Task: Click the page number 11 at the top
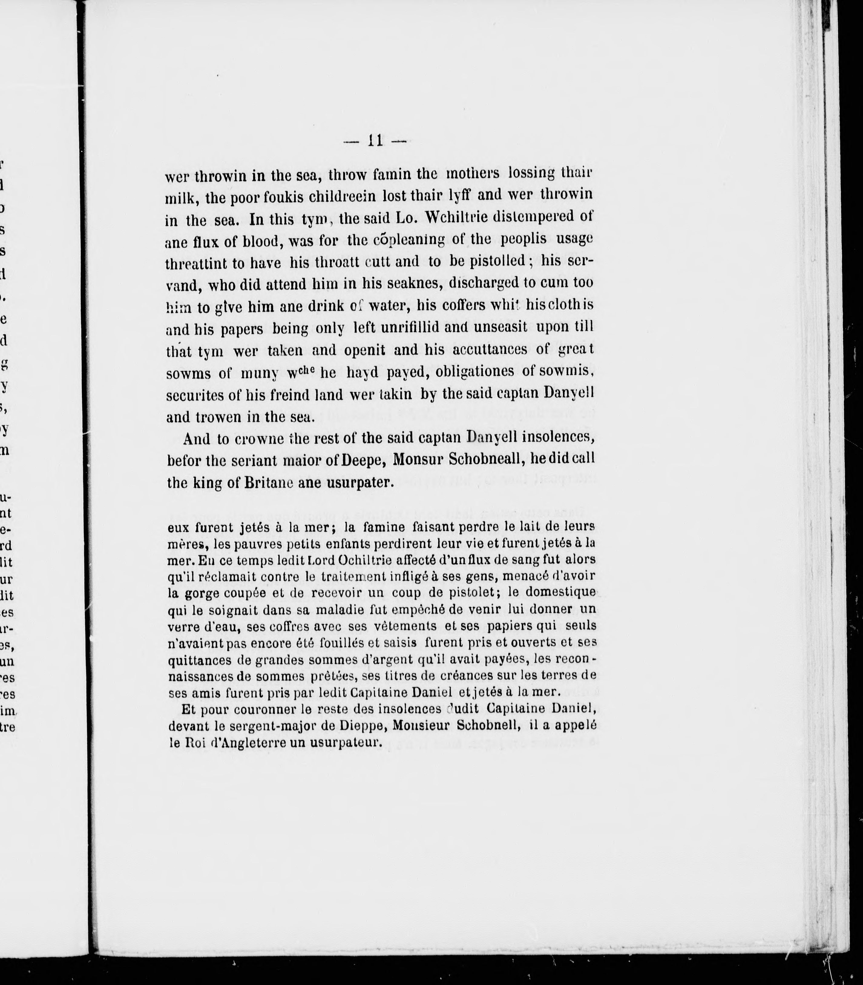(x=375, y=141)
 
